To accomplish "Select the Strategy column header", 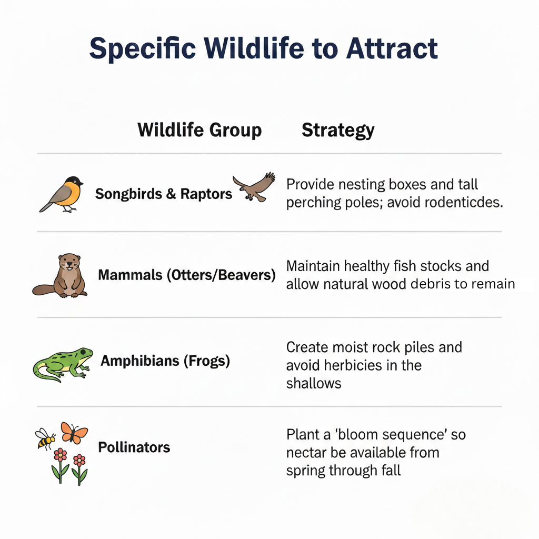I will pyautogui.click(x=338, y=130).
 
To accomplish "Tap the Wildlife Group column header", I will pyautogui.click(x=199, y=130).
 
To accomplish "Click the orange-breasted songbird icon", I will pyautogui.click(x=63, y=194).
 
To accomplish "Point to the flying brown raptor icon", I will pyautogui.click(x=255, y=187).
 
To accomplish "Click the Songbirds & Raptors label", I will pyautogui.click(x=164, y=194).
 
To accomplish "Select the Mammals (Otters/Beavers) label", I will pyautogui.click(x=187, y=275).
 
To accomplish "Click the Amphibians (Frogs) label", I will pyautogui.click(x=165, y=361).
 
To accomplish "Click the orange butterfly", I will pyautogui.click(x=74, y=432).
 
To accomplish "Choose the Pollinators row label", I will pyautogui.click(x=134, y=447).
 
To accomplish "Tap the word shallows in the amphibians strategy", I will pyautogui.click(x=314, y=383).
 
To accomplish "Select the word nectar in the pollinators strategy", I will pyautogui.click(x=305, y=453).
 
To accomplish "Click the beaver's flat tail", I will pyautogui.click(x=45, y=290).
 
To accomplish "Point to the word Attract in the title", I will pyautogui.click(x=392, y=48).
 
